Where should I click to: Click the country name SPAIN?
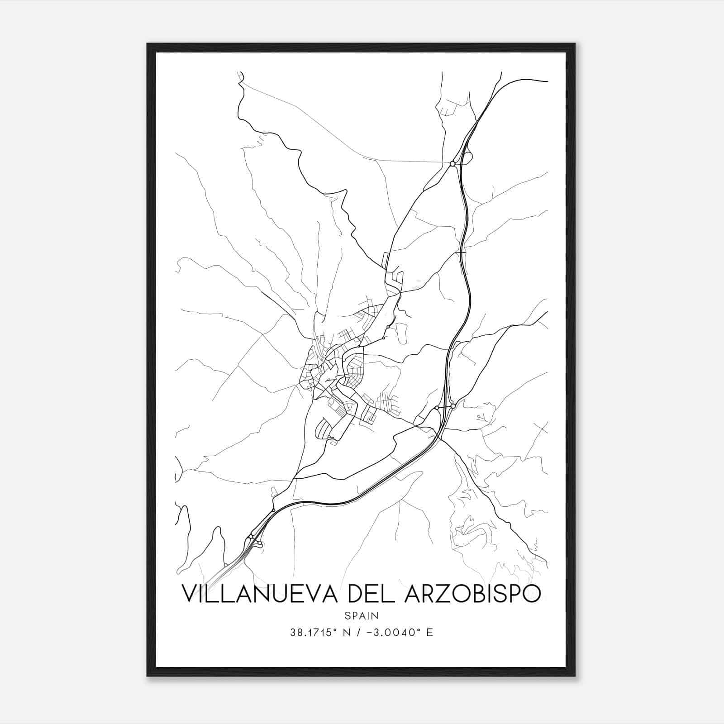click(x=362, y=615)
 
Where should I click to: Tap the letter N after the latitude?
click(x=348, y=633)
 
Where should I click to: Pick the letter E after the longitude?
click(x=430, y=633)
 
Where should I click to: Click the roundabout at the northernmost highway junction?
click(x=452, y=164)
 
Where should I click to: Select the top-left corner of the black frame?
click(x=148, y=44)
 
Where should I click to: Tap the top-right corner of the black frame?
click(x=575, y=44)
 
